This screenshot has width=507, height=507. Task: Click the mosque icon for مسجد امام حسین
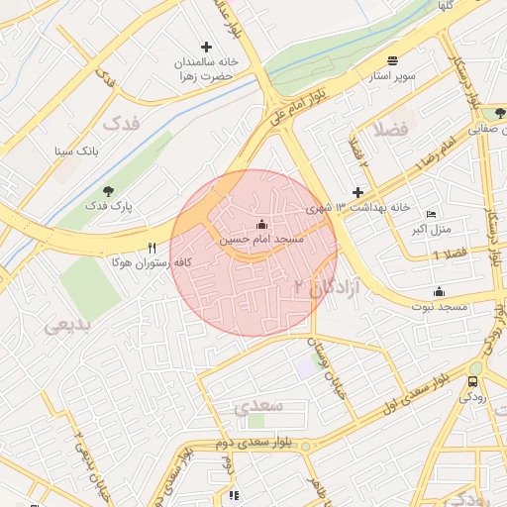coord(260,223)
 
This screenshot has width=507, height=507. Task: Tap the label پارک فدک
coord(109,205)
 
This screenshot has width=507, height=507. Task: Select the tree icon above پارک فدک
coord(109,190)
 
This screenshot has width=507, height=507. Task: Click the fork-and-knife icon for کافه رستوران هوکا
coord(152,248)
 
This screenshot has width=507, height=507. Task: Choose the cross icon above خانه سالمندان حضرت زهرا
coord(206,47)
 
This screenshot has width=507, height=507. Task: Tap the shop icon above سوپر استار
coord(393,60)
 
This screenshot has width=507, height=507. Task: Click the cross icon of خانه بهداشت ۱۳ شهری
coord(358,192)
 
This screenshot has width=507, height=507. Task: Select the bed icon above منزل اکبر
coord(430,214)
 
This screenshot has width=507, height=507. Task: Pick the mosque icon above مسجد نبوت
coord(439,291)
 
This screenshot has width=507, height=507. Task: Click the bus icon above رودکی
coord(473,381)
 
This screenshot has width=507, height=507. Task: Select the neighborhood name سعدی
coord(260,406)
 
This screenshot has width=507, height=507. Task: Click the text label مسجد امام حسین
coord(261,240)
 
